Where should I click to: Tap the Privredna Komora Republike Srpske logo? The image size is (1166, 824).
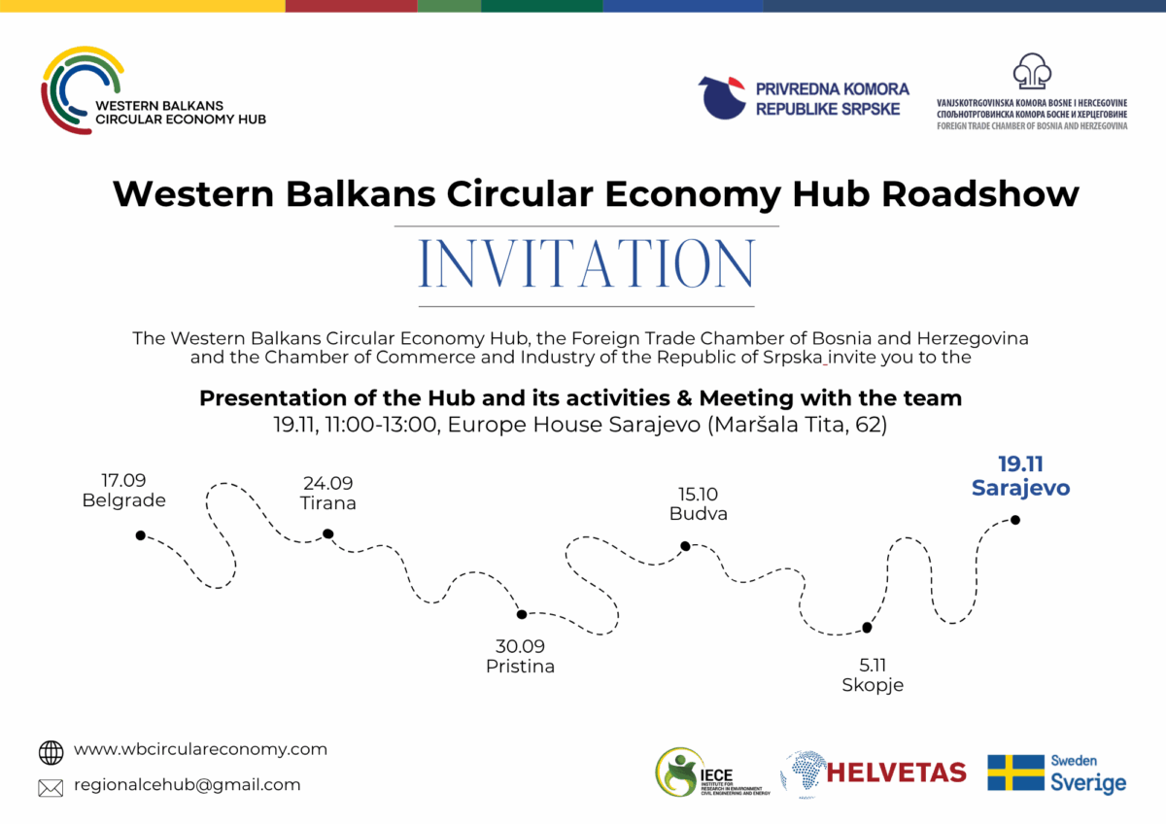click(805, 98)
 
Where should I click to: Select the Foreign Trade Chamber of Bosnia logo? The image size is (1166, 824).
click(1032, 92)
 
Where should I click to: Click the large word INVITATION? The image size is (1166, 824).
click(586, 263)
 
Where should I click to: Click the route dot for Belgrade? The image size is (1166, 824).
click(141, 535)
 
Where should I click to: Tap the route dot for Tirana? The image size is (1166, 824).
click(328, 533)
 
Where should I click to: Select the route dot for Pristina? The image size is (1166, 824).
click(522, 614)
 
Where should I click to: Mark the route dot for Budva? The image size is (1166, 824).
click(685, 546)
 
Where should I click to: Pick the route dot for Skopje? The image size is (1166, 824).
click(867, 628)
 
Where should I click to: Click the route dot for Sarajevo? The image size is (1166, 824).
click(1015, 520)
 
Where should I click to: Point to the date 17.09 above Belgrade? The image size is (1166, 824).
click(123, 480)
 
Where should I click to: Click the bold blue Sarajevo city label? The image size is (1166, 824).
click(1020, 488)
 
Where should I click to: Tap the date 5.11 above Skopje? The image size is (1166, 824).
click(873, 665)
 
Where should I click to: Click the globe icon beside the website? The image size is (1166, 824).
click(51, 752)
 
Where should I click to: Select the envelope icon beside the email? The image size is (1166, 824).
click(51, 787)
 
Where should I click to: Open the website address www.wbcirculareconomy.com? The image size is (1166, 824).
click(200, 749)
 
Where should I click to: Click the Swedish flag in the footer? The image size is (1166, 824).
click(1015, 772)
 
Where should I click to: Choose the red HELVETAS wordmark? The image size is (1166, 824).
click(896, 772)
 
